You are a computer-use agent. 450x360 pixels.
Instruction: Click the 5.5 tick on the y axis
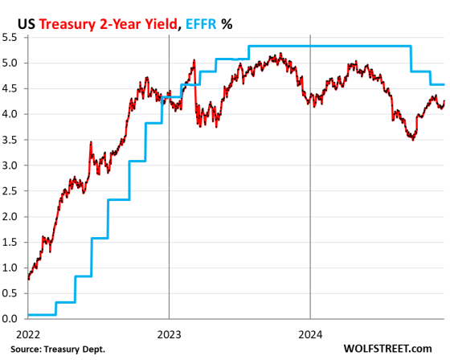click(x=11, y=37)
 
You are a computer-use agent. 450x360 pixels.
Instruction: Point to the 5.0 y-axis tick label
click(x=11, y=63)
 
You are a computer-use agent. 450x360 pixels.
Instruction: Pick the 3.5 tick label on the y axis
click(x=11, y=140)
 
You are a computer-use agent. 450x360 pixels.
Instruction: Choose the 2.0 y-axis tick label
click(x=11, y=217)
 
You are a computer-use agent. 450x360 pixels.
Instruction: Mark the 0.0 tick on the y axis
click(x=11, y=319)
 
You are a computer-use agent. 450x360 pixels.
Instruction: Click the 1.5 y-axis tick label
click(x=11, y=242)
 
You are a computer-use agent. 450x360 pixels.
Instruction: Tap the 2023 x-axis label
click(x=169, y=332)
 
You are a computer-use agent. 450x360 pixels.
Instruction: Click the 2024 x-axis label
click(x=311, y=332)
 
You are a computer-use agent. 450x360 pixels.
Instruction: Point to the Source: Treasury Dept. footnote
click(x=54, y=349)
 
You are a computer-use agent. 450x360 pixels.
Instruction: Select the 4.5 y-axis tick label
click(x=11, y=88)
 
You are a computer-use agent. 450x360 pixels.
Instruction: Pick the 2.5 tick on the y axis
click(x=11, y=191)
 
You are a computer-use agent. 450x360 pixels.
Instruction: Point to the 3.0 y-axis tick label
click(x=11, y=166)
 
